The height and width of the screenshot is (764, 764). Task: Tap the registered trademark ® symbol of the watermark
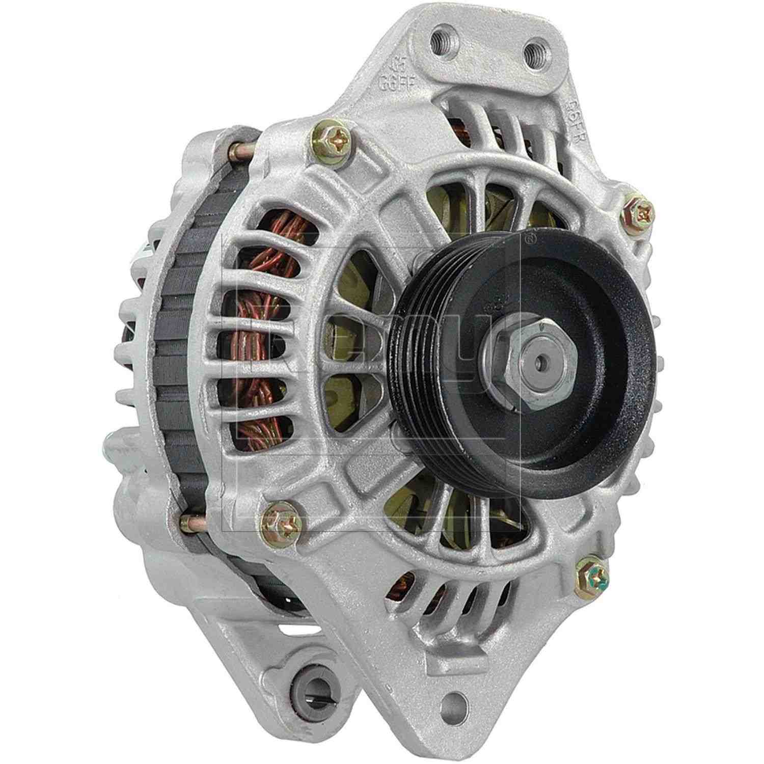coord(530,237)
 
